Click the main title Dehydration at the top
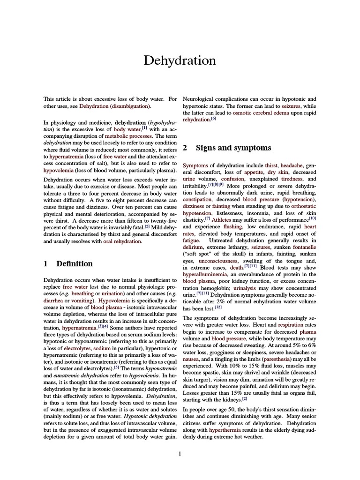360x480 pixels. (180, 60)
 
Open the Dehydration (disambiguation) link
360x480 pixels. (115, 106)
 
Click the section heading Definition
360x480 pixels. (75, 263)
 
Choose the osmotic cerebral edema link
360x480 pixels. (250, 112)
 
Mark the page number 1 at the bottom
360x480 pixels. (180, 453)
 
